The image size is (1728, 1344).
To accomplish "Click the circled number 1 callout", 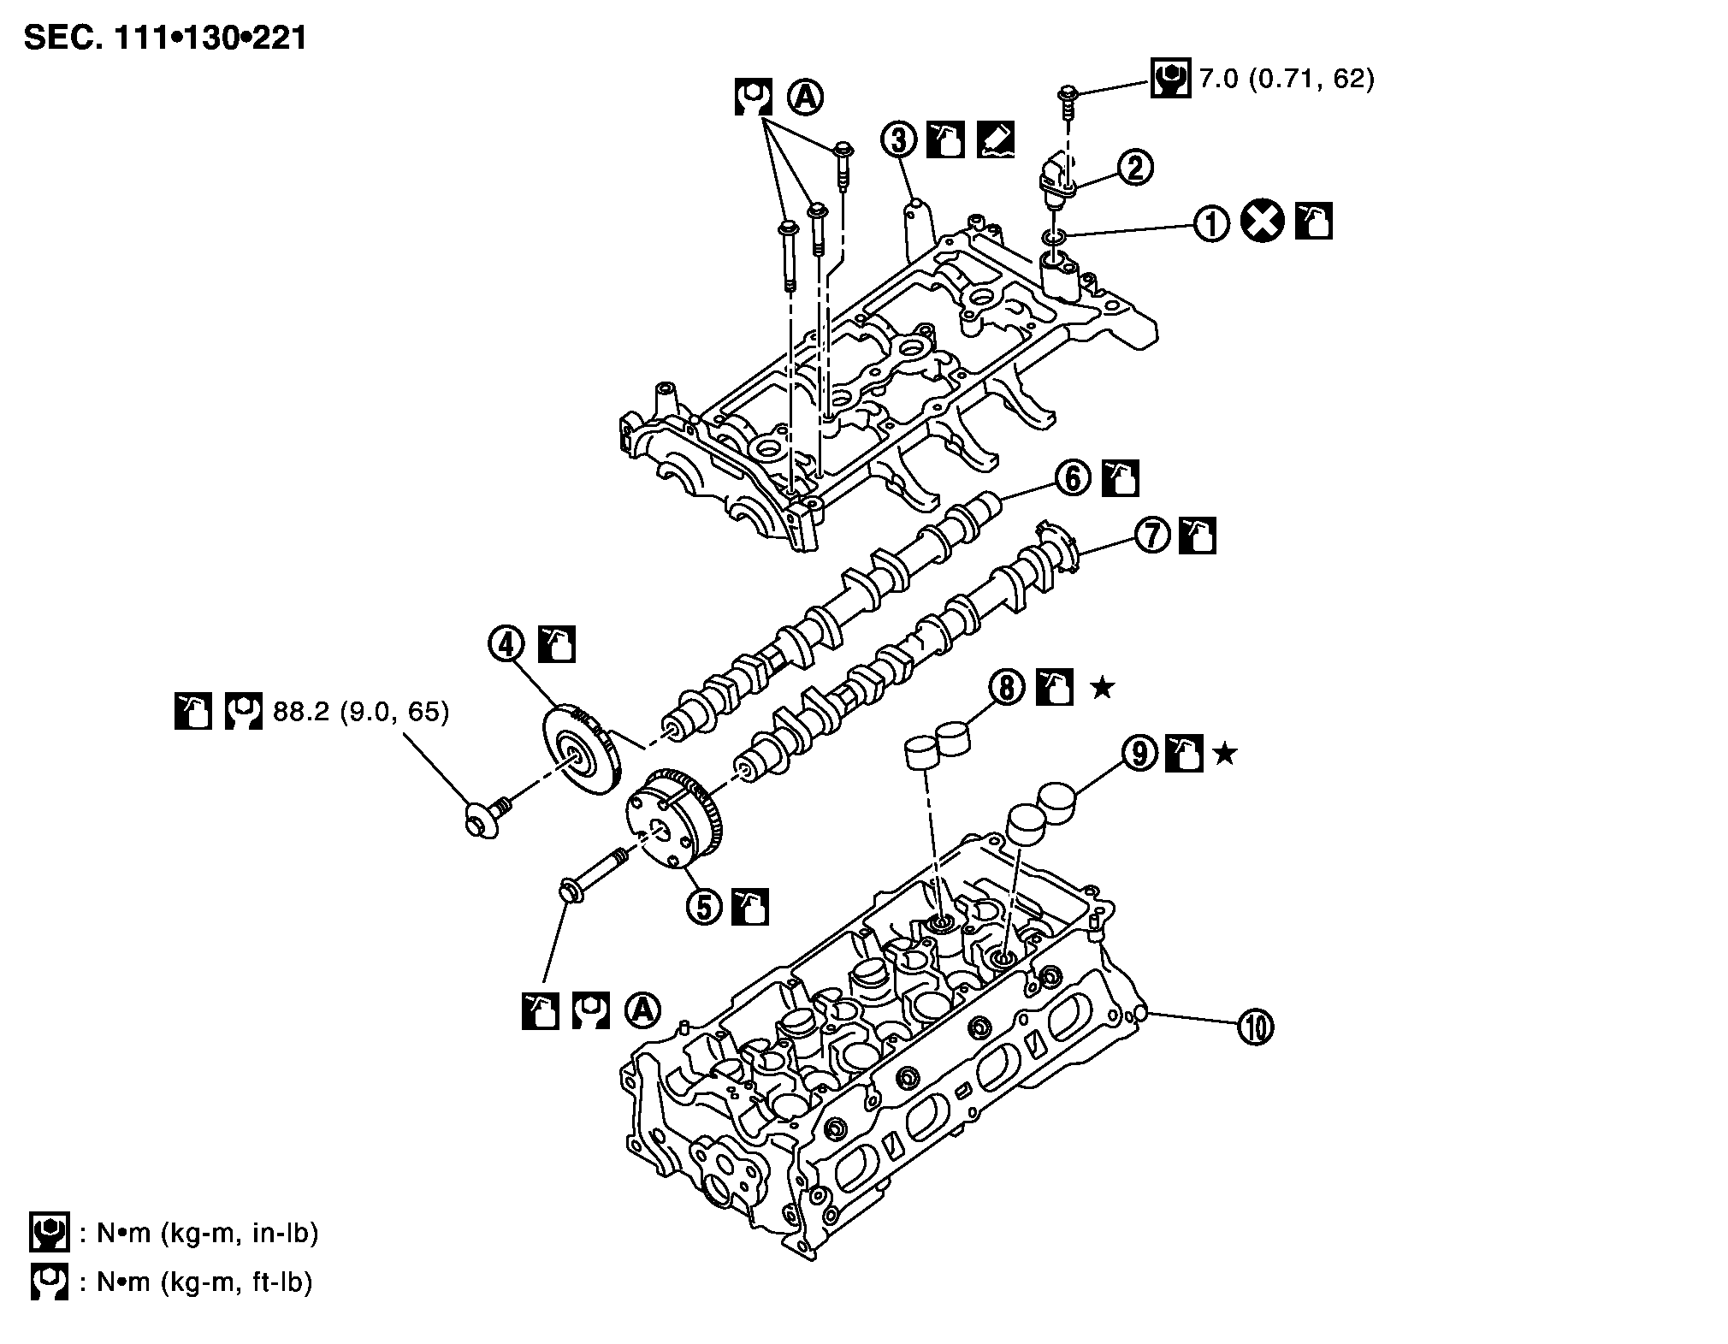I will coord(1210,224).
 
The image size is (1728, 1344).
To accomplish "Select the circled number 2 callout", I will coord(1135,168).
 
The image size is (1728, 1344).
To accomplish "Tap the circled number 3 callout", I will coord(899,140).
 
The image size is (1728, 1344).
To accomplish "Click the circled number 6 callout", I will coord(1074,478).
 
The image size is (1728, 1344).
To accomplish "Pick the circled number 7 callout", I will coord(1152,536).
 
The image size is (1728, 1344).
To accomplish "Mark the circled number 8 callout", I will coord(1007,687).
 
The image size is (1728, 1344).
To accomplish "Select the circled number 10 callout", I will coord(1255,1027).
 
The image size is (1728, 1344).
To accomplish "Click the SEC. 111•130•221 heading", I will coord(165,38).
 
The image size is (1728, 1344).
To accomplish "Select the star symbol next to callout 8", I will coord(1103,687).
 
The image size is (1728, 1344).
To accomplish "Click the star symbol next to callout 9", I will coord(1225,754).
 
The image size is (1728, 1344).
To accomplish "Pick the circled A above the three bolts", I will coord(804,98).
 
